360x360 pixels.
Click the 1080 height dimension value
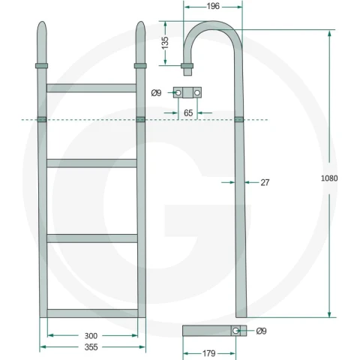[x=329, y=178]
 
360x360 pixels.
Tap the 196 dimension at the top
[x=213, y=7]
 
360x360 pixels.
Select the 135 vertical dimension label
[x=165, y=43]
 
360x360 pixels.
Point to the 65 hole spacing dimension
[x=188, y=113]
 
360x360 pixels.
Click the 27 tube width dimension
[x=265, y=182]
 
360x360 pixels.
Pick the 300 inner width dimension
[x=91, y=336]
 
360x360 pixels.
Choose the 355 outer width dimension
[x=91, y=347]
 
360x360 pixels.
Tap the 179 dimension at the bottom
[x=208, y=353]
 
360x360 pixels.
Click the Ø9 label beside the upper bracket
[x=157, y=93]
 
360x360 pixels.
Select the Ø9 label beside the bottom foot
[x=262, y=331]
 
